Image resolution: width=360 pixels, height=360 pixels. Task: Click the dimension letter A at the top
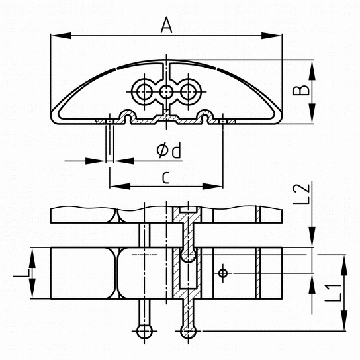point(167,25)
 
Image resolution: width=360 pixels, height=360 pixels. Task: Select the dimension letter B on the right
point(300,90)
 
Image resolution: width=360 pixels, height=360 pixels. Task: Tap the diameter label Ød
point(169,150)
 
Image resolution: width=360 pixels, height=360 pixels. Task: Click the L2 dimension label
point(300,193)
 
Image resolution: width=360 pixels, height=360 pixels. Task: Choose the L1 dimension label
point(334,292)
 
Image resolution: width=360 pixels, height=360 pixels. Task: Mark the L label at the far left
point(21,273)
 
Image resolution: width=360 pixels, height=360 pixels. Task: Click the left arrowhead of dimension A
point(61,36)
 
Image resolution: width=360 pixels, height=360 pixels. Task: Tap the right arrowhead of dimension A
point(271,36)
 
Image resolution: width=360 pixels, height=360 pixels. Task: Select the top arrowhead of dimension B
point(312,70)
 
